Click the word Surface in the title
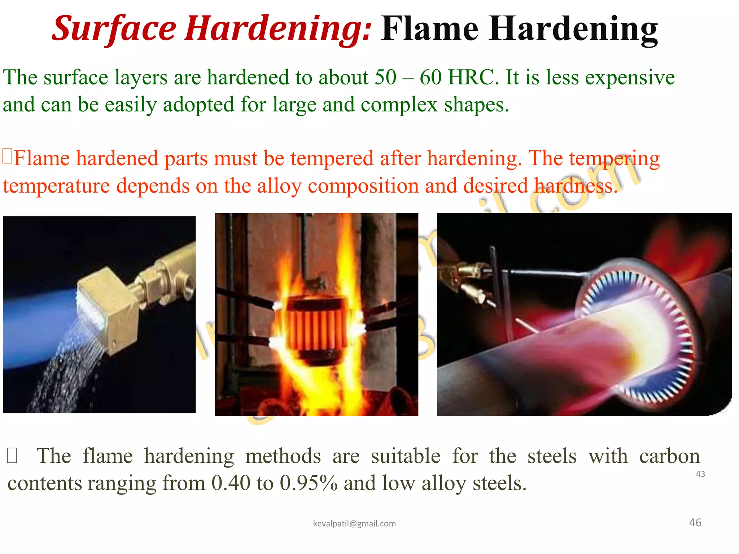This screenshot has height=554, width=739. point(114,29)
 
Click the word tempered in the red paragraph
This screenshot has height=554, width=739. point(332,159)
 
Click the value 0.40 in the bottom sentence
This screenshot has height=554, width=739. point(231,483)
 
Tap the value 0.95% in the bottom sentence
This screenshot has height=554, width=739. point(309,483)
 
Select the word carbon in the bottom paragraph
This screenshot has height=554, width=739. point(669,456)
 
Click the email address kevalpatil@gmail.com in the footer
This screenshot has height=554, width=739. point(354,524)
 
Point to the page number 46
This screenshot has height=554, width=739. point(695,523)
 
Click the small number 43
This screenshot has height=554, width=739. point(700,474)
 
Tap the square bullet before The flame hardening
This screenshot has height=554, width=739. point(12,456)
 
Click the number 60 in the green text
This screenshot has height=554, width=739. point(430,78)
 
